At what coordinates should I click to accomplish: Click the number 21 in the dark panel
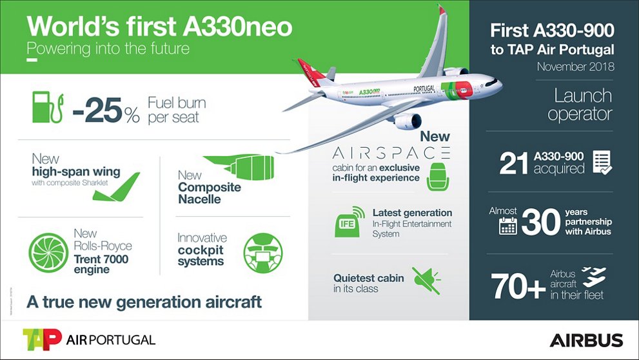pos(514,163)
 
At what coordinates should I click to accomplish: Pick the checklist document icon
pos(601,162)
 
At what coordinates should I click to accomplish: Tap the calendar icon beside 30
pos(508,225)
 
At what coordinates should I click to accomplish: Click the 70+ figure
pos(518,285)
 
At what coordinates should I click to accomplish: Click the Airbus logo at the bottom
pos(586,340)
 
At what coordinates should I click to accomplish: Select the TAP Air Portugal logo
pos(88,339)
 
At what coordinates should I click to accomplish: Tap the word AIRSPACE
pos(391,153)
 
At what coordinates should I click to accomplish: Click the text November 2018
pos(575,66)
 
